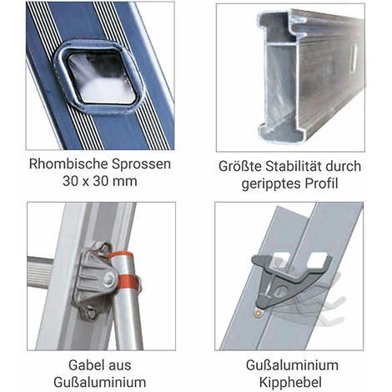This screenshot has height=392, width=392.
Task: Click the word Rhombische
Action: click(65, 163)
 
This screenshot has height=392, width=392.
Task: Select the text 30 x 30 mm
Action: click(99, 182)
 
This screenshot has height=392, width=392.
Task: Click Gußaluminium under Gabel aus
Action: click(98, 384)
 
